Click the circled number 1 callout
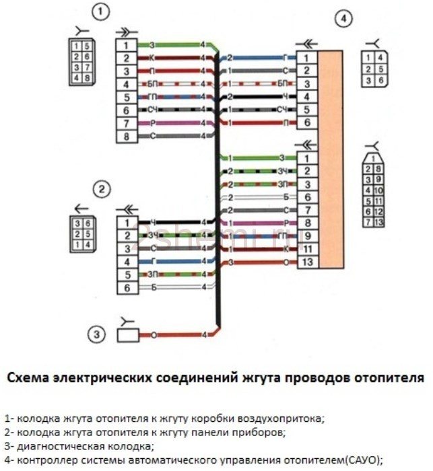pos(101,12)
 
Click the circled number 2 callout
pos(101,190)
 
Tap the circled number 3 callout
pos(99,333)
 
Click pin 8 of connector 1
pos(126,137)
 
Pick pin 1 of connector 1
pos(126,44)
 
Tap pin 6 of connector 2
pos(126,288)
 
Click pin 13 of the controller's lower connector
pos(307,262)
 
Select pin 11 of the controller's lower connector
pos(307,249)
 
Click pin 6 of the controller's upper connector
pos(306,123)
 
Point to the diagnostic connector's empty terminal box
pos(129,334)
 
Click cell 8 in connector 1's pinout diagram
pos(88,77)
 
